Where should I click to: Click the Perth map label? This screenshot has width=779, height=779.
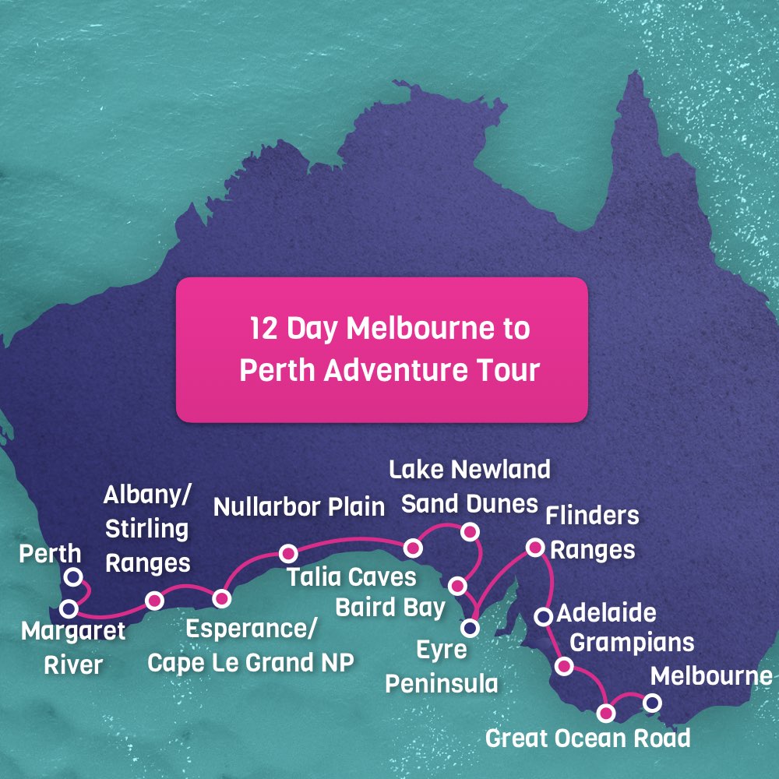(x=51, y=555)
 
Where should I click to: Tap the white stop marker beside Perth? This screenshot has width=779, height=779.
(x=73, y=576)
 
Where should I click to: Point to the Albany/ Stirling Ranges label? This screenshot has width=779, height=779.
(x=146, y=529)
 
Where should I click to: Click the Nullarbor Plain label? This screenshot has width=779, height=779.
(x=299, y=507)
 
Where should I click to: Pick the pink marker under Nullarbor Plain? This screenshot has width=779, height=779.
(x=288, y=553)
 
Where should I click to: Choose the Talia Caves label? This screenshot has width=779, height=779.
(x=351, y=578)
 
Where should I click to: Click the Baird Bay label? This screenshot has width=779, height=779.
(x=389, y=607)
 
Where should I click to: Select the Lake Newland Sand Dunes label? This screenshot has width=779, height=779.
(x=469, y=486)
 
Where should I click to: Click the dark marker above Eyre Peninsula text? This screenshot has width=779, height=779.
(x=470, y=626)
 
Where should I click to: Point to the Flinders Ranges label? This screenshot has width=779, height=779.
(x=592, y=533)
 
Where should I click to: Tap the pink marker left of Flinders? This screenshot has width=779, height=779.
(x=534, y=548)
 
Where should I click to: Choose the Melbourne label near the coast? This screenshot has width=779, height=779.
(x=711, y=676)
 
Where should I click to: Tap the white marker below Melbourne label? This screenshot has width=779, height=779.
(x=652, y=703)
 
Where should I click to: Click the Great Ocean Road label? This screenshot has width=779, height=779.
(x=587, y=738)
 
